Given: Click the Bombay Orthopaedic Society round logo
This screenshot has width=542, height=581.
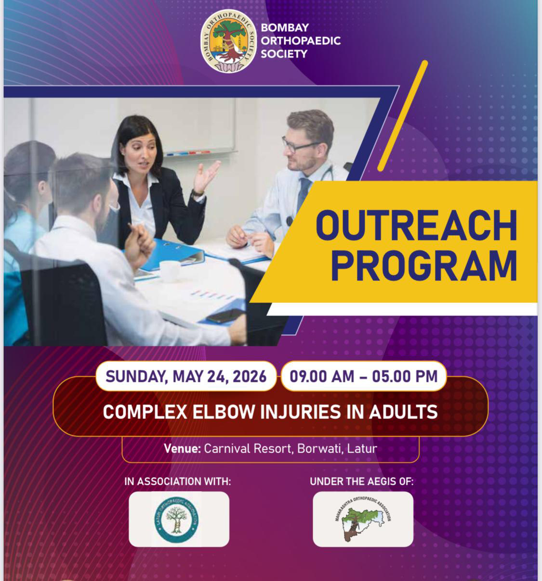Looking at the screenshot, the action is pos(229,41).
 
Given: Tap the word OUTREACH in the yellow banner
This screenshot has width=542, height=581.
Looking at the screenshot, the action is pos(417,226).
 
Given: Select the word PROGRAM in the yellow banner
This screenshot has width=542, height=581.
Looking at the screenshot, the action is pos(424,265).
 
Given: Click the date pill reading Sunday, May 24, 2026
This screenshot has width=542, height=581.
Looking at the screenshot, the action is pos(186,376).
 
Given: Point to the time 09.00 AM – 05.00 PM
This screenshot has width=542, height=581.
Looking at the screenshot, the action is pos(364,376).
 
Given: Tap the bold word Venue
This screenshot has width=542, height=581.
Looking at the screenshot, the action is pos(182,449).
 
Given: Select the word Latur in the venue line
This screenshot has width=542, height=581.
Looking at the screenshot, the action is pos(362,449).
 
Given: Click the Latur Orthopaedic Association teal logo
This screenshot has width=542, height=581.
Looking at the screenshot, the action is pos(176,520).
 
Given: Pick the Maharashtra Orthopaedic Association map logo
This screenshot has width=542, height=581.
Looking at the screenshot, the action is pos(363,518).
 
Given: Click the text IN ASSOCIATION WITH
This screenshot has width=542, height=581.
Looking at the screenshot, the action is pos(178,481).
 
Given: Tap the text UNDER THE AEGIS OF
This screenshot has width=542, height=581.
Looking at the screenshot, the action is pos(362,481).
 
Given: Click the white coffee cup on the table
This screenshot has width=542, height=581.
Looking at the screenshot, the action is pos(170,271).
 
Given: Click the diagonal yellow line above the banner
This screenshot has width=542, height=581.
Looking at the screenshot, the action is pos(403,116).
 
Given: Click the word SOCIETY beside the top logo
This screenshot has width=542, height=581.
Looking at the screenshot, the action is pos(284,54).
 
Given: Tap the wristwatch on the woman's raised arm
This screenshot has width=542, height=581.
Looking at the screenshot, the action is pos(197,193).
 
